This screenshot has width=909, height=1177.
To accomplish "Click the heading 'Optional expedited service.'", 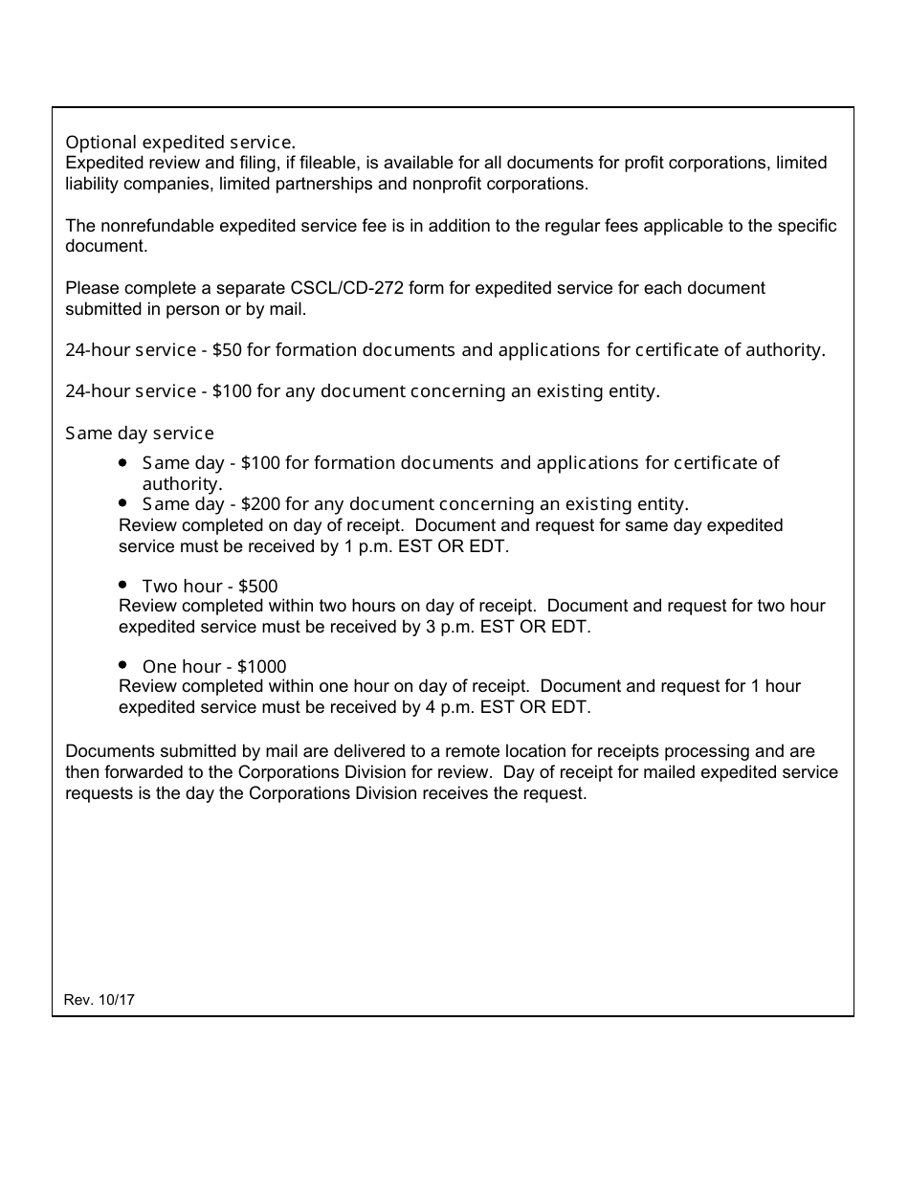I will click(x=180, y=142).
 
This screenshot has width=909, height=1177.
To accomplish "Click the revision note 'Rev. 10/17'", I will click(x=100, y=999).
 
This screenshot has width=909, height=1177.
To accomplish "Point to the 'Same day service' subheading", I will click(x=140, y=433).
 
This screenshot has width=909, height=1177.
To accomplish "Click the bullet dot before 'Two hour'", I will click(x=123, y=584).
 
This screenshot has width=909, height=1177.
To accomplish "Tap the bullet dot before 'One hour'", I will click(x=123, y=664).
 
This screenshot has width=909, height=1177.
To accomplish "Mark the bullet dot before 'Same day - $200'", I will click(x=123, y=502).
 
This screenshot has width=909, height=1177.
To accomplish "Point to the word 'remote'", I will click(x=448, y=752).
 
